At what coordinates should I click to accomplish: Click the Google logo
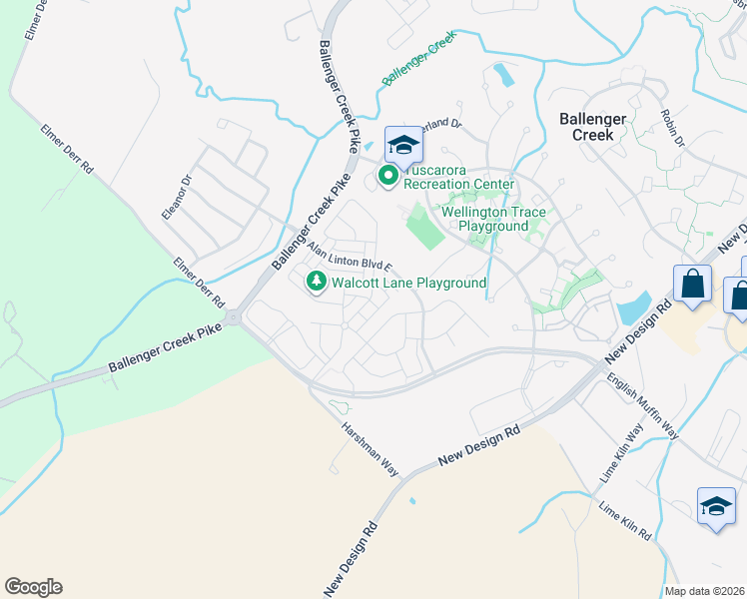click(x=33, y=587)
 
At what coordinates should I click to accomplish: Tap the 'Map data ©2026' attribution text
click(x=705, y=591)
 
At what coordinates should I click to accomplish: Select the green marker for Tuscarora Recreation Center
click(x=387, y=177)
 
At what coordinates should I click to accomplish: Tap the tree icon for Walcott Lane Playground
click(x=317, y=283)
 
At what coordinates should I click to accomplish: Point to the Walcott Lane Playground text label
click(x=409, y=284)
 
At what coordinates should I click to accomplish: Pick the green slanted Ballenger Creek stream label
click(x=418, y=62)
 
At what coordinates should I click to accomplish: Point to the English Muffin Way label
click(x=643, y=407)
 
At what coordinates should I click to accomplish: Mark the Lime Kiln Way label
click(x=621, y=455)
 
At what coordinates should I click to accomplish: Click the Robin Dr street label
click(x=672, y=129)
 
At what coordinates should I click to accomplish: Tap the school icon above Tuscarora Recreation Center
click(x=403, y=146)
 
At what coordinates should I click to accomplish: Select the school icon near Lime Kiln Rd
click(x=716, y=507)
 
